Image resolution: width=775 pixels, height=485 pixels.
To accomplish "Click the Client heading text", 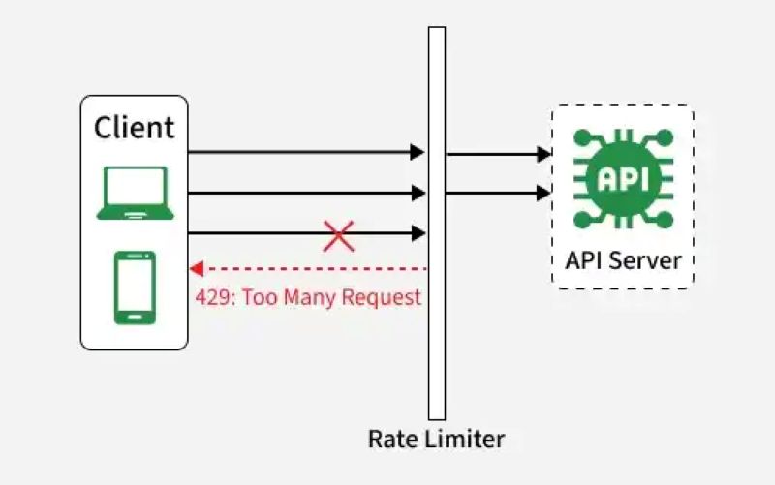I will click(135, 127).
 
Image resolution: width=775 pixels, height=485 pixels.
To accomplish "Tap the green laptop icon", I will click(135, 193).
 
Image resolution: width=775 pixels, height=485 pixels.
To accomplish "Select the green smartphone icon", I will click(135, 288).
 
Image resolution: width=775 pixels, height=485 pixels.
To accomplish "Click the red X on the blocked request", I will click(338, 234).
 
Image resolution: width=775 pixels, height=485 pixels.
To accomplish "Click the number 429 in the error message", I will click(213, 297).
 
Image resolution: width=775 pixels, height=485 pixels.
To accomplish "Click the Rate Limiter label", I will click(436, 439).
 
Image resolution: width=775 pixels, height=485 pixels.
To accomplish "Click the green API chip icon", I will click(622, 178).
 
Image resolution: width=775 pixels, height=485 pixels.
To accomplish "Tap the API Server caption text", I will click(623, 260).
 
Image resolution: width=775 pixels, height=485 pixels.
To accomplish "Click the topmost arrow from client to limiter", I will click(305, 152).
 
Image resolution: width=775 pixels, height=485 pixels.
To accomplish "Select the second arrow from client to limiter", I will click(305, 193).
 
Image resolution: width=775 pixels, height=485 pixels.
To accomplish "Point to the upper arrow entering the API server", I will click(498, 153).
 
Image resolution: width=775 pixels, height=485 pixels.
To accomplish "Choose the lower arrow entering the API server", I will click(498, 193).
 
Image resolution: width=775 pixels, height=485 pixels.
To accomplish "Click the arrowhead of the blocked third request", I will click(418, 233).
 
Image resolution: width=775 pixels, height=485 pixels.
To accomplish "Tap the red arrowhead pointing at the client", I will click(195, 268).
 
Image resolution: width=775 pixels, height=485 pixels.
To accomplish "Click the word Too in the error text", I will click(260, 297).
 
